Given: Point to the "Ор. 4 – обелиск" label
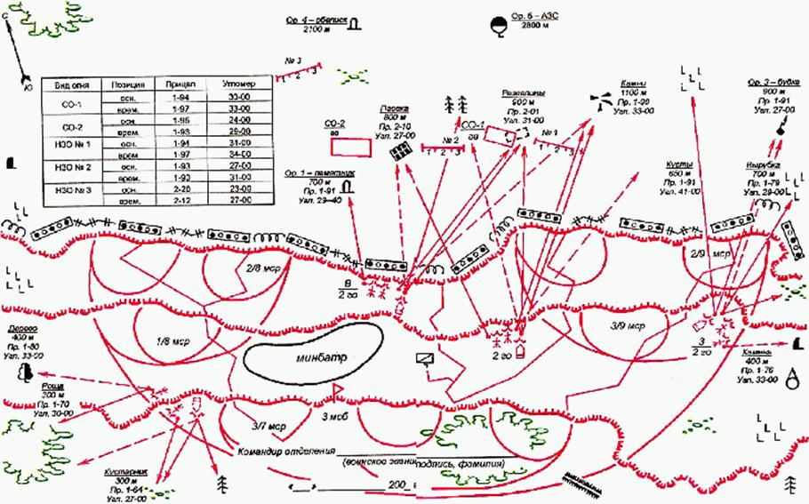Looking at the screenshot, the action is pos(317,19).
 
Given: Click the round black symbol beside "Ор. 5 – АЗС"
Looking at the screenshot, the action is pos(499,24).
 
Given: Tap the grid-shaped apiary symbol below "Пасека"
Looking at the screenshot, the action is pos(401,152).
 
